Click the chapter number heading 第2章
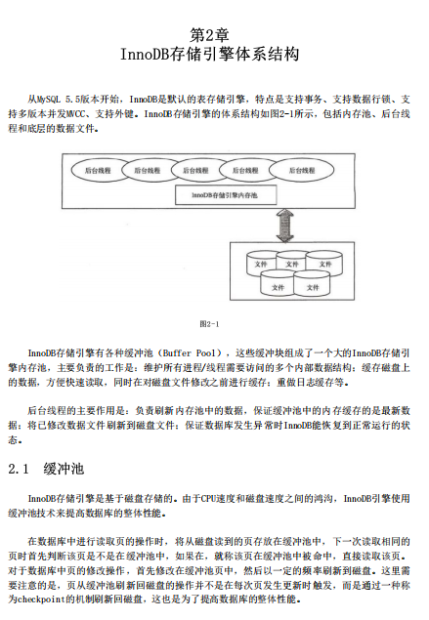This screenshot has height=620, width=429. tap(215, 35)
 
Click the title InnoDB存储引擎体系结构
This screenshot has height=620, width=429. tap(214, 56)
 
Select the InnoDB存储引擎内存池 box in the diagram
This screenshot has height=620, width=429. tap(224, 195)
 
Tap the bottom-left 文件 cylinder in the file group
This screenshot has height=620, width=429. tap(277, 287)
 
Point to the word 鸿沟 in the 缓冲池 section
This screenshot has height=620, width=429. tap(312, 498)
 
